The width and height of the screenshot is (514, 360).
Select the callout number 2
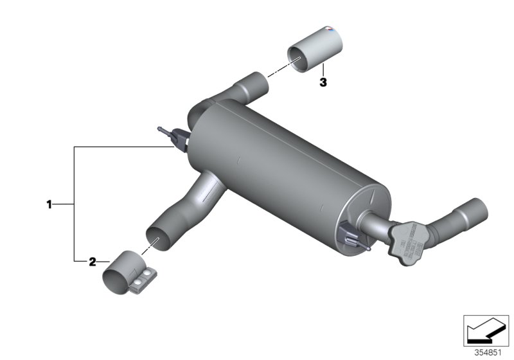[x=92, y=262]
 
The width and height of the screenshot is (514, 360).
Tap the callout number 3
[x=323, y=82]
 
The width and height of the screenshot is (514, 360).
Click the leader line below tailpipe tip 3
[x=323, y=70]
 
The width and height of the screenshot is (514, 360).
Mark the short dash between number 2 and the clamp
[x=103, y=262]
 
